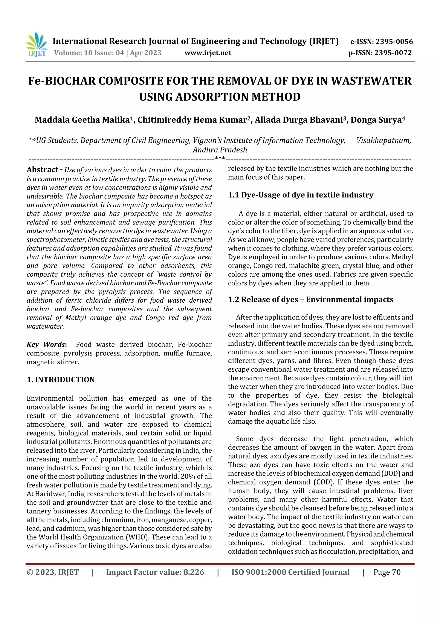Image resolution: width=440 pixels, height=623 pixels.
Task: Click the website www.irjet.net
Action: (x=208, y=53)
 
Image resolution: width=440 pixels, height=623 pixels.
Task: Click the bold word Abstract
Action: (x=43, y=170)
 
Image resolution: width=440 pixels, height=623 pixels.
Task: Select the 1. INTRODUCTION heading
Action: (x=61, y=380)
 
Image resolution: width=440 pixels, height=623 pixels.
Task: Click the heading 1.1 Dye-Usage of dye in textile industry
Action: (x=301, y=195)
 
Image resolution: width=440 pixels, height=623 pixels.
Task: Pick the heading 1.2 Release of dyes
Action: (x=310, y=300)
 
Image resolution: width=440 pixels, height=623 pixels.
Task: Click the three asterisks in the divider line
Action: (x=220, y=158)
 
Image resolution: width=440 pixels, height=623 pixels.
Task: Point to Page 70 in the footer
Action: (x=387, y=572)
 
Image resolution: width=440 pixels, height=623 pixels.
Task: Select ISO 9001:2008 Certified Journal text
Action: (x=290, y=572)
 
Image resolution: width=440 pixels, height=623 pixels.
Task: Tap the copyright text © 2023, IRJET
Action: (x=53, y=572)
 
